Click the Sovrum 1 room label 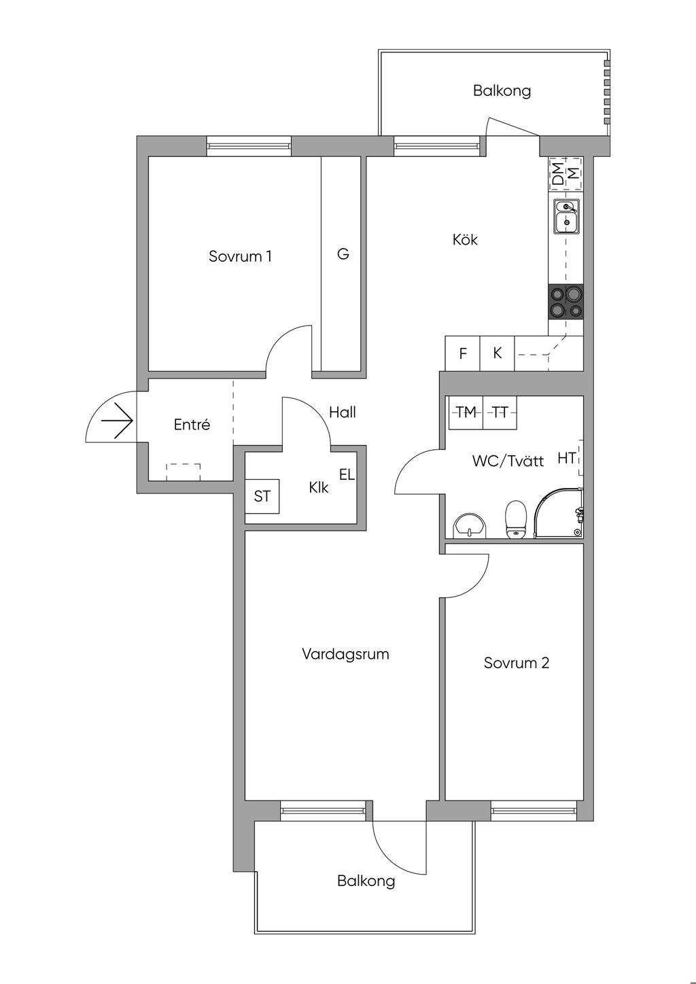pos(240,256)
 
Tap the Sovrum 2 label pos(517,663)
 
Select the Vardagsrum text pos(345,654)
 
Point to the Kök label pos(465,239)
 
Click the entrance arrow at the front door pos(117,421)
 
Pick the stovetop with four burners pos(566,301)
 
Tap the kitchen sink pos(566,217)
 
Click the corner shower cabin pos(559,512)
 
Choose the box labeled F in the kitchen pos(463,353)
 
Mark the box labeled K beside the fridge pos(497,353)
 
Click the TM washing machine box pos(466,412)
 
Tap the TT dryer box pos(500,412)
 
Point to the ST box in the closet pos(262,496)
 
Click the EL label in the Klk pos(347,474)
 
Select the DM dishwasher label pos(558,173)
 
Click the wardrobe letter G pos(343,253)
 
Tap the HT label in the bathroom pos(566,458)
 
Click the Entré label pos(192,424)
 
